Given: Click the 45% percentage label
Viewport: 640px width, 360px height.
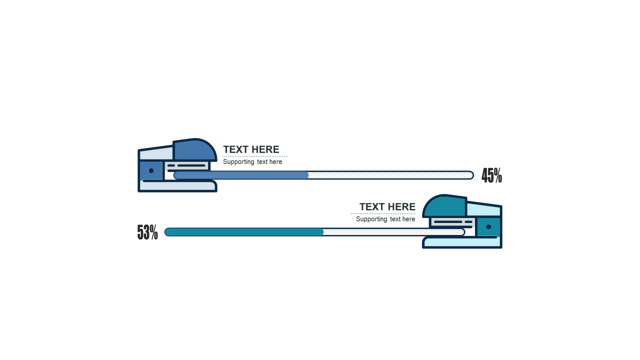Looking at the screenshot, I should point(491,175).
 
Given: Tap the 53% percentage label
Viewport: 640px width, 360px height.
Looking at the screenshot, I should point(147,232).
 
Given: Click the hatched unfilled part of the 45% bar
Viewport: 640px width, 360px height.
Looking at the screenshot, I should point(390,175).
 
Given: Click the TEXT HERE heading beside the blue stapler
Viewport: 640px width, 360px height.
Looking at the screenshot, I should point(251,149).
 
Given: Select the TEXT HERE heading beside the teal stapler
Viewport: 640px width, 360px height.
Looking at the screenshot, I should point(387,207).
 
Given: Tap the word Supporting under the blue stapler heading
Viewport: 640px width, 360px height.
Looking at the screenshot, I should point(238,162).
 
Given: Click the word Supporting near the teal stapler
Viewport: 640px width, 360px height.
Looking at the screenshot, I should point(371,219).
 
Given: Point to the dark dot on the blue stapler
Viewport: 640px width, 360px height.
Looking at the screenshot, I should point(151,171).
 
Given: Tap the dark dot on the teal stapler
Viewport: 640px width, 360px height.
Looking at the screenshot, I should point(488,227).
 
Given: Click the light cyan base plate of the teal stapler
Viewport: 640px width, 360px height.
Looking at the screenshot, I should point(462,243).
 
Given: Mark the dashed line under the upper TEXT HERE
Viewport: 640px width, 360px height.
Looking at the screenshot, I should point(255,156).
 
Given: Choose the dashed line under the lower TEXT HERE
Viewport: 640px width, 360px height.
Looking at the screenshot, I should point(383,214).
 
